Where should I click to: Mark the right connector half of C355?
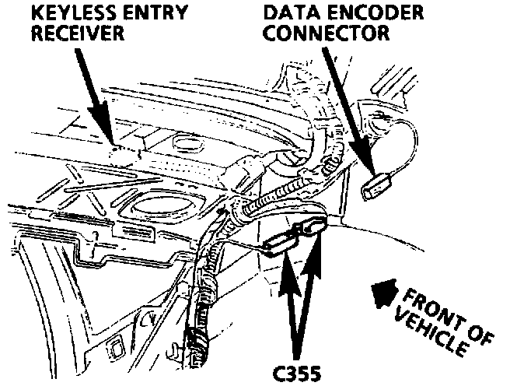pyautogui.click(x=310, y=228)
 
